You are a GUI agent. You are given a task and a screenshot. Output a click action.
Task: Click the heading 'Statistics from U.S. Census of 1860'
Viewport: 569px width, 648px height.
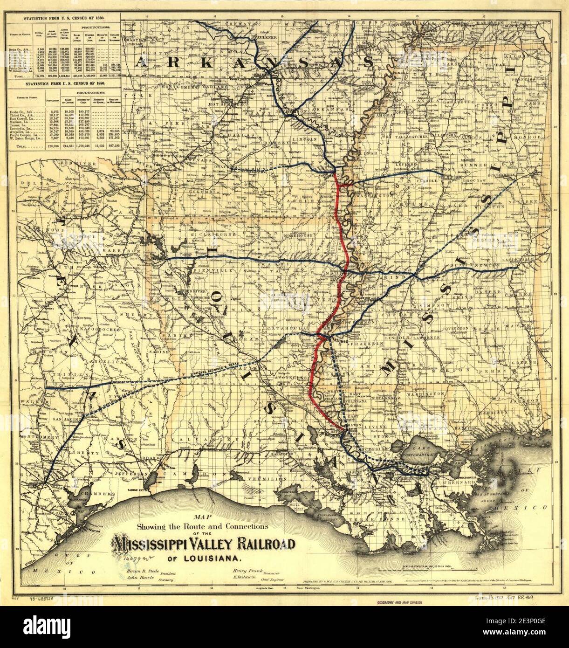(65, 5)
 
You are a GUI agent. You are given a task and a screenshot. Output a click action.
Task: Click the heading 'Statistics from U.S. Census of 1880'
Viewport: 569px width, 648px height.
(65, 85)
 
